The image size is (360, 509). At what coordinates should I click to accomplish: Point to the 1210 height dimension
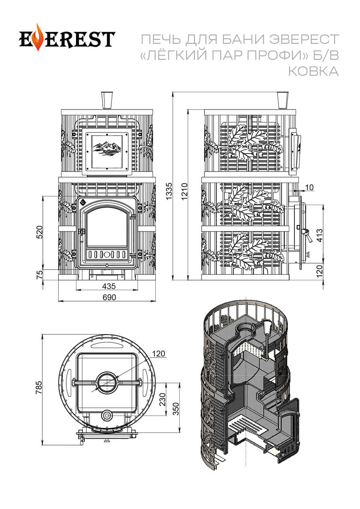point(184,192)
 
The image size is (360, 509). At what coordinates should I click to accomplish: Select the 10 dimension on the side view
point(309,187)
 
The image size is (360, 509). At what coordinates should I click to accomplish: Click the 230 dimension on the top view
point(162,399)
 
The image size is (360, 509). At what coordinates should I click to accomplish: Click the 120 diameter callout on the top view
point(159,353)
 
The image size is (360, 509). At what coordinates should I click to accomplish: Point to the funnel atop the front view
point(107,100)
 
